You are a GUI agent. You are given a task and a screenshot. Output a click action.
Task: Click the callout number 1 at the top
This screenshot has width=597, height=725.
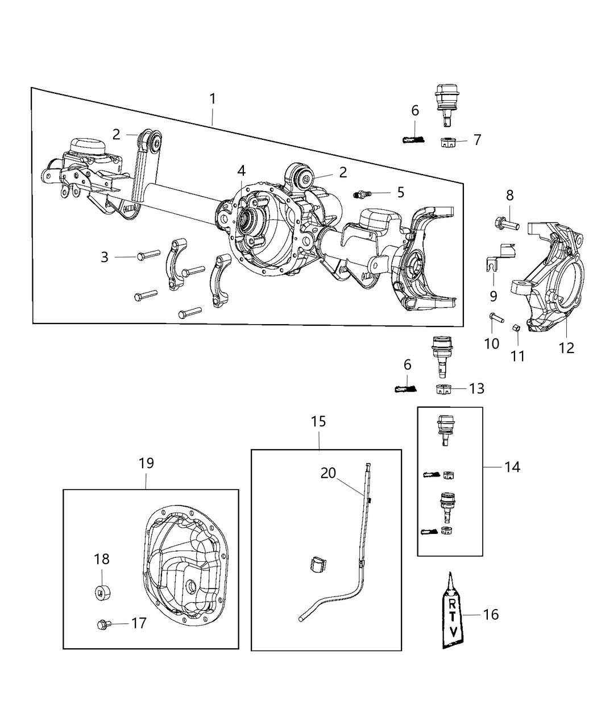click(x=213, y=99)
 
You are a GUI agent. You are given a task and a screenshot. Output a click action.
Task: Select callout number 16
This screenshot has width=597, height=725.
click(x=491, y=614)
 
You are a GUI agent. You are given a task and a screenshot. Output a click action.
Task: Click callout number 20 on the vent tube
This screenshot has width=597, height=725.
click(x=328, y=473)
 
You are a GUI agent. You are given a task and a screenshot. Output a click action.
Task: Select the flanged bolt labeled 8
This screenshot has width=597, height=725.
click(x=505, y=225)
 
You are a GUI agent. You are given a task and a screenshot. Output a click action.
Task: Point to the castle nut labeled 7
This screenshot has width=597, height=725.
click(x=449, y=142)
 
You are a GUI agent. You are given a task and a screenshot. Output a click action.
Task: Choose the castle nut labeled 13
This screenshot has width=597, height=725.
click(x=443, y=390)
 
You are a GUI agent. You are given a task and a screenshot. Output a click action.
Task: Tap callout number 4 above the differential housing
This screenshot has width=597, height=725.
click(x=241, y=170)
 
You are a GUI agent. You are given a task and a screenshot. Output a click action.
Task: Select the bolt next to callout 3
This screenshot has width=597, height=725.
click(x=144, y=256)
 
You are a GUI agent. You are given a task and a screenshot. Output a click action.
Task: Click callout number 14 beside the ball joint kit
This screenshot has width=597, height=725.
click(x=512, y=467)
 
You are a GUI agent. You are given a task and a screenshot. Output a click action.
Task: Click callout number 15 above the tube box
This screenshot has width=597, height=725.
click(x=318, y=421)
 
